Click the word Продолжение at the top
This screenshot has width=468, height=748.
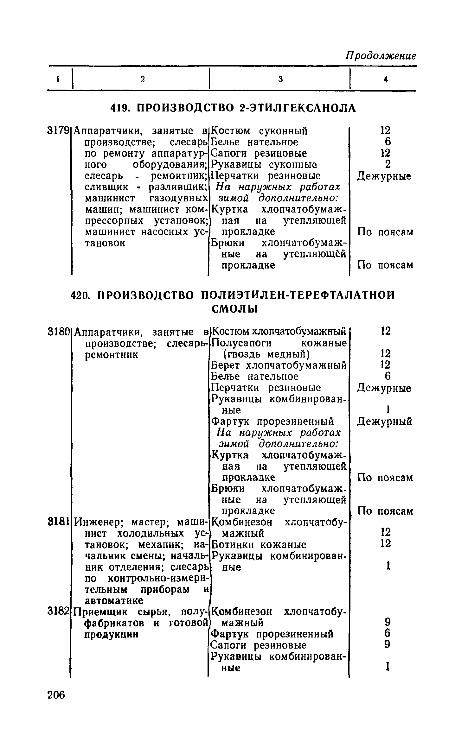[380, 56]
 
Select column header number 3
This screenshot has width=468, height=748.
[280, 79]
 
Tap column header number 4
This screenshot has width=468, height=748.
[386, 80]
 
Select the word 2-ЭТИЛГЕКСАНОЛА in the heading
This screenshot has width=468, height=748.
[298, 108]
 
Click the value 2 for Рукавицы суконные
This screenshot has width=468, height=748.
[386, 164]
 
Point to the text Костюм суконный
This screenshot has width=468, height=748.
[259, 130]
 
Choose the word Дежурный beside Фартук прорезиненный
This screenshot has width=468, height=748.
[385, 422]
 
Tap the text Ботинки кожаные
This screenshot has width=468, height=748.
[259, 545]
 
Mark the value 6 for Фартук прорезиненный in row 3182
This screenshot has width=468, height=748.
[387, 633]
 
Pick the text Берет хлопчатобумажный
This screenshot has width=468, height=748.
[279, 365]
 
